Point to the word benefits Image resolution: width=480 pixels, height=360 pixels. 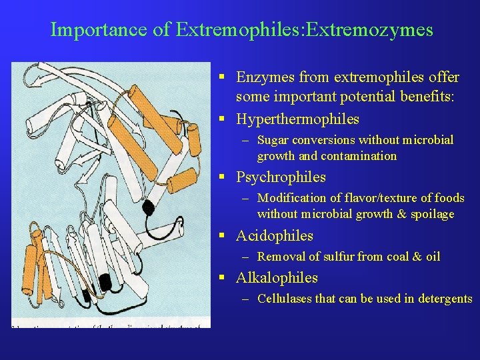pos(426,97)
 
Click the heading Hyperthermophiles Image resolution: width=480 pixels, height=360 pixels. pos(297,119)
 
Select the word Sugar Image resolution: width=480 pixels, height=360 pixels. pos(273,140)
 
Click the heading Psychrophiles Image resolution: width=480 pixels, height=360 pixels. pos(281,177)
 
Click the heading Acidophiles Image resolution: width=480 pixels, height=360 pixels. pos(274,235)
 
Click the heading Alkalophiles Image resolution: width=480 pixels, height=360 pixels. pos(277,277)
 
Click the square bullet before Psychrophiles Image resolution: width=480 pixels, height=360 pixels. pos(225,177)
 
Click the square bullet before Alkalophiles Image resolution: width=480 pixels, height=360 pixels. pos(225,277)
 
